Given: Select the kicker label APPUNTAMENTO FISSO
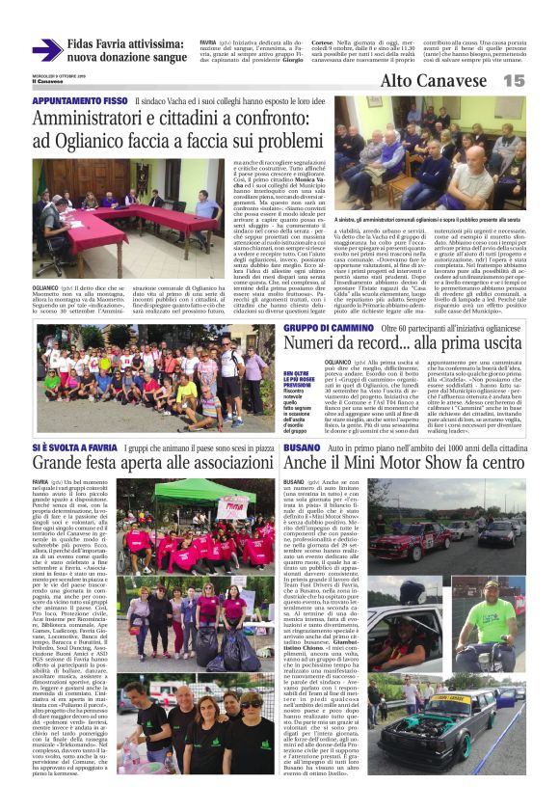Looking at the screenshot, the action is tap(80, 100).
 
